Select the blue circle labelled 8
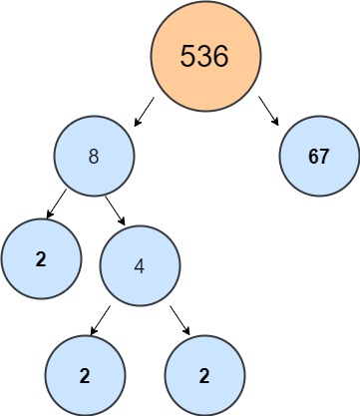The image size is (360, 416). tap(94, 158)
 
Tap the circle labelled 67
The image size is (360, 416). tap(319, 158)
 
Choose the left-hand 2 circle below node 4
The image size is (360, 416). tap(86, 376)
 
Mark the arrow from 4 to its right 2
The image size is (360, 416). tap(179, 319)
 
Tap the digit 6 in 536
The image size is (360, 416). tap(220, 56)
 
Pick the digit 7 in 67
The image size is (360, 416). tap(326, 158)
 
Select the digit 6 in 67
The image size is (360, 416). tap(313, 158)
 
